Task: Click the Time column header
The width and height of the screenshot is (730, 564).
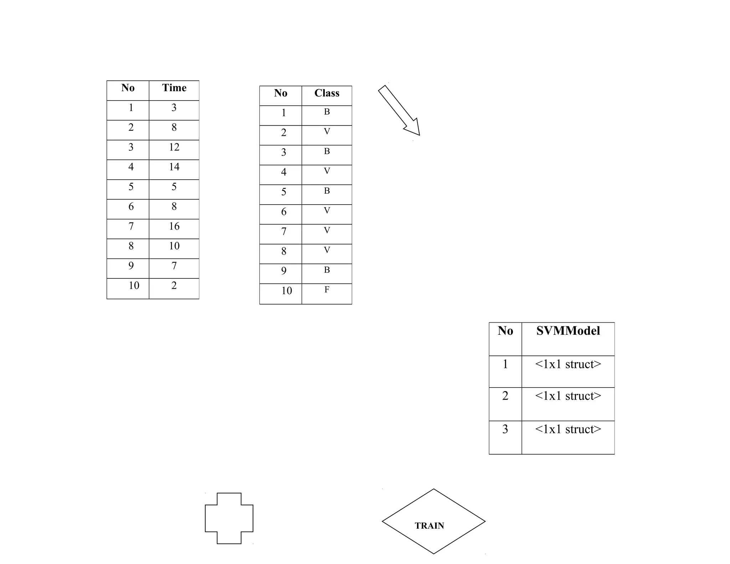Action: (x=174, y=88)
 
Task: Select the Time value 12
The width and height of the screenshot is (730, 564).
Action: (x=174, y=147)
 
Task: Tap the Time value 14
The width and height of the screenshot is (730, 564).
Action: (x=174, y=166)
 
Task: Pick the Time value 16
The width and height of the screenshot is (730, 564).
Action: (x=174, y=226)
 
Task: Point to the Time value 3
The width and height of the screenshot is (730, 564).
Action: (x=174, y=107)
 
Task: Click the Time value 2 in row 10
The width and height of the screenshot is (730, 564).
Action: (x=174, y=285)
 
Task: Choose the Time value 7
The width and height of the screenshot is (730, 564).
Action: (x=174, y=266)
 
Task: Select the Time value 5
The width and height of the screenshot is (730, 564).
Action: (x=174, y=186)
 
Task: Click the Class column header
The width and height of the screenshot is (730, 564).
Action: (x=327, y=93)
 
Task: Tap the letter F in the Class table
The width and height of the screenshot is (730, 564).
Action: (x=327, y=289)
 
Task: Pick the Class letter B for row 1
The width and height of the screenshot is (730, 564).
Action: (x=327, y=112)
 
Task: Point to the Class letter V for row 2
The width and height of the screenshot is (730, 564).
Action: (x=327, y=131)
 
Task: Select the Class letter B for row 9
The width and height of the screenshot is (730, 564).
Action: (x=327, y=270)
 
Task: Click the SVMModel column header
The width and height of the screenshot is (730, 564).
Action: (x=568, y=331)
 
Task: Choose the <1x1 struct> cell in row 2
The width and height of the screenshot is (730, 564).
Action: (x=568, y=396)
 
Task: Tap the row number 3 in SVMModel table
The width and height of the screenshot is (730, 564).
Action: (x=505, y=429)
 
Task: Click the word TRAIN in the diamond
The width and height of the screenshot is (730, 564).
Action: (x=429, y=525)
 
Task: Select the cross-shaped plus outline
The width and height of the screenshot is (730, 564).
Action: (x=229, y=518)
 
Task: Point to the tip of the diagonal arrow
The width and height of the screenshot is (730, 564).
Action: (x=419, y=135)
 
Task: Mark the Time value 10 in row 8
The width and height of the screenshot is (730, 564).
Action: (x=174, y=246)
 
